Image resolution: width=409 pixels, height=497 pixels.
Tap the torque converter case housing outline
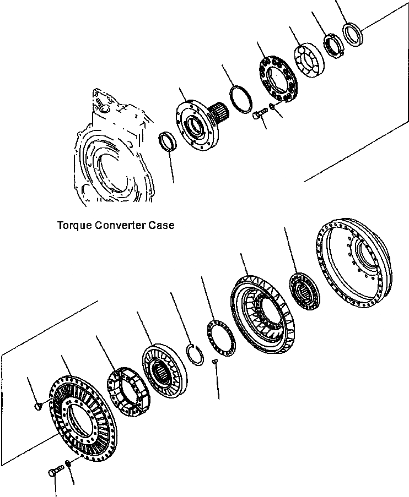click(110, 160)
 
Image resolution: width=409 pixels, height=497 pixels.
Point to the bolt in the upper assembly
click(259, 116)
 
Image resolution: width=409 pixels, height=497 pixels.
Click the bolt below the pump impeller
click(55, 471)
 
